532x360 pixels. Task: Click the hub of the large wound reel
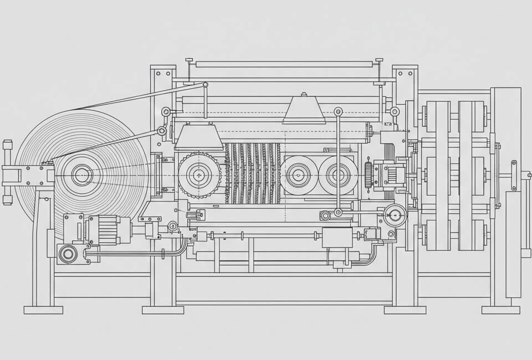(x=81, y=175)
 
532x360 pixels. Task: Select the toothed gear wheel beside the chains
(x=199, y=176)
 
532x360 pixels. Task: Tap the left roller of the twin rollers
(x=299, y=175)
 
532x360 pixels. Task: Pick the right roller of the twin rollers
(x=338, y=175)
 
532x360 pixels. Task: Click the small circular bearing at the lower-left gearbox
(x=68, y=254)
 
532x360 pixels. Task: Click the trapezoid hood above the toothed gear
(x=199, y=137)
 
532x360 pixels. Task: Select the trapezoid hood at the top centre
(x=304, y=109)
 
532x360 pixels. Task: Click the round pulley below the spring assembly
(x=396, y=215)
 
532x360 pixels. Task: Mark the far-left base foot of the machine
(x=43, y=310)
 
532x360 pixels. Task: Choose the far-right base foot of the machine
(x=500, y=310)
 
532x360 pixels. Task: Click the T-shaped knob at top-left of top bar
(x=189, y=60)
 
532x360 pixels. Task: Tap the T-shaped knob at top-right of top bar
(x=379, y=60)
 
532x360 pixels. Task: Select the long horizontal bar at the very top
(x=284, y=64)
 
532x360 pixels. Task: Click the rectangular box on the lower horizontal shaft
(x=337, y=237)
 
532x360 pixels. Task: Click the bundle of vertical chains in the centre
(x=252, y=173)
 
